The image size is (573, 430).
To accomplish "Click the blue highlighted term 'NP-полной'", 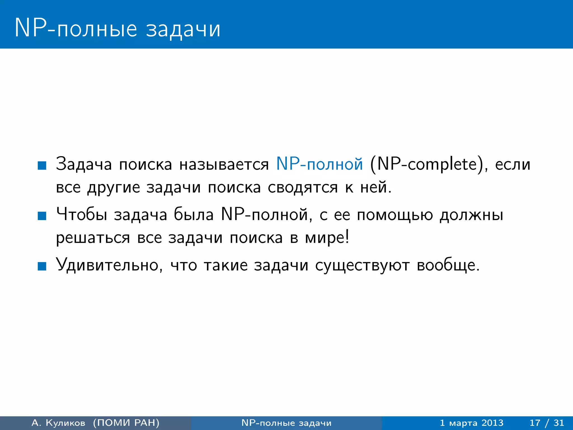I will coord(319,164).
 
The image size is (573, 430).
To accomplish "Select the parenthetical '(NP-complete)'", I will coord(428,165).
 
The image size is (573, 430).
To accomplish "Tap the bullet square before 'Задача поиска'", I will coord(42,165).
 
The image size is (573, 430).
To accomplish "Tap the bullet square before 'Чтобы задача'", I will coord(42,216).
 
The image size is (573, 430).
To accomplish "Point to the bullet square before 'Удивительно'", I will coord(42,266).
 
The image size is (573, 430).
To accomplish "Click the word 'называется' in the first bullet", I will coord(224,165).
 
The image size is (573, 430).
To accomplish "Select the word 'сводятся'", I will coord(302,187).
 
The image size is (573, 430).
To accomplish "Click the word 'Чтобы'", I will coord(81,215).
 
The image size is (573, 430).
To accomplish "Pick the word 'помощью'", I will coord(395,215).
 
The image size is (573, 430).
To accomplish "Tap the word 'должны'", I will coord(471,215).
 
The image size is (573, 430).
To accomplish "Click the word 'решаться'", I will coord(93,238).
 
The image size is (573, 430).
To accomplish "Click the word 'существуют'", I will coord(362,265).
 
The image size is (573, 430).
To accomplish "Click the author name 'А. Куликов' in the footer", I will coord(58,423).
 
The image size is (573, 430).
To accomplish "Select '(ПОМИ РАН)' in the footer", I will coord(126,423).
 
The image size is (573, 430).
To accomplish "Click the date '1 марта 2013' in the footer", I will coord(471,423).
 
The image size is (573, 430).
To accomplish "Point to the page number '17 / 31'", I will coord(547,423).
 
